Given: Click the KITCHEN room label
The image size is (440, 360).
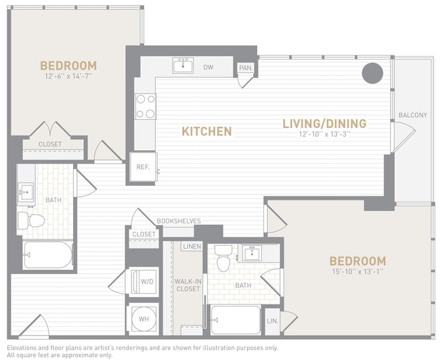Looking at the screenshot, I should tap(206, 131).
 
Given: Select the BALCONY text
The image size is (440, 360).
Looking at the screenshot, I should tap(412, 115).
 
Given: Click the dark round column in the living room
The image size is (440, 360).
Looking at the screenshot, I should tap(372, 73).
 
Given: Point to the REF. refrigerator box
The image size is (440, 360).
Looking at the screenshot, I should tap(144, 167).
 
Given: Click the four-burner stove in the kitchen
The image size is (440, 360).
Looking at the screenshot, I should tap(146, 106).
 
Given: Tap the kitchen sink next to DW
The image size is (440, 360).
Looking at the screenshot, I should tap(183, 66).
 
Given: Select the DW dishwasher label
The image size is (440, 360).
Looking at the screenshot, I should tap(208, 68).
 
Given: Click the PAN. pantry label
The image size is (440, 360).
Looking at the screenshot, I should tap(244, 68).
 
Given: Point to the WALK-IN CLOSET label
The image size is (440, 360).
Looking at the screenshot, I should tap(188, 284).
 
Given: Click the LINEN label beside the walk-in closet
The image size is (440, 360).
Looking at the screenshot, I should tap(192, 246).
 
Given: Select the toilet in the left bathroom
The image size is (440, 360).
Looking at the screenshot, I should tap(31, 219).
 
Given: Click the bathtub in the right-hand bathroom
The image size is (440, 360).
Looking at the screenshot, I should tap(235, 319).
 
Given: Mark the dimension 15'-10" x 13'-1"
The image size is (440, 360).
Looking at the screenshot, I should tap(357, 272).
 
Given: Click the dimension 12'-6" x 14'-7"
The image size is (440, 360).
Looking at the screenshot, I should tap(68, 76).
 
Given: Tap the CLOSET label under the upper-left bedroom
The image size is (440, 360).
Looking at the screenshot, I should tap(49, 144).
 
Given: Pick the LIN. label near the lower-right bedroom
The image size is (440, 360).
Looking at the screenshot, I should tap(272, 321).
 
